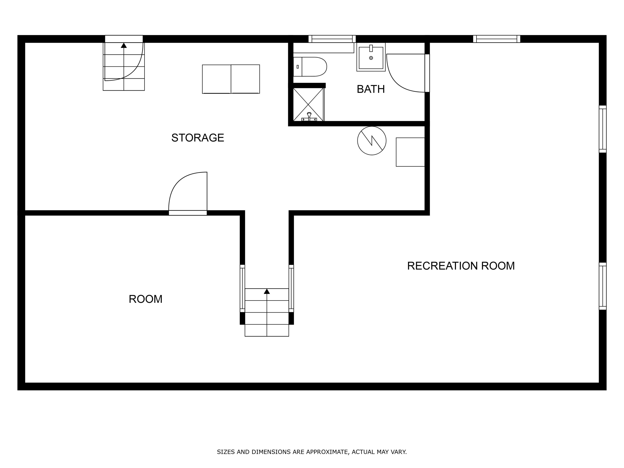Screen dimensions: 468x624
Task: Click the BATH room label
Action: click(x=370, y=89)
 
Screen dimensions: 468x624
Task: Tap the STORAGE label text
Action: click(x=197, y=138)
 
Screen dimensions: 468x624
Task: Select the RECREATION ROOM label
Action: click(x=461, y=266)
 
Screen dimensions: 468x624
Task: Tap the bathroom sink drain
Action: click(x=371, y=58)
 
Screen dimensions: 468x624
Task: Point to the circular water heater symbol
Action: click(x=371, y=140)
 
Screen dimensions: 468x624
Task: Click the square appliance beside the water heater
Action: click(x=410, y=152)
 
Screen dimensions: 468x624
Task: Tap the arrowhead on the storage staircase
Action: click(x=124, y=45)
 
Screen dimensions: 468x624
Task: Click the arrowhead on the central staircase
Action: click(x=267, y=291)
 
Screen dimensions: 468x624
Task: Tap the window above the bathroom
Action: click(x=332, y=39)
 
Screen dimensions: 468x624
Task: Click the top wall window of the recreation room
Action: click(x=496, y=39)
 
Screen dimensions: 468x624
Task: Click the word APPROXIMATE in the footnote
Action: click(x=327, y=452)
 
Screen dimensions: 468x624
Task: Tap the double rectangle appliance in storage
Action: click(x=231, y=79)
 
